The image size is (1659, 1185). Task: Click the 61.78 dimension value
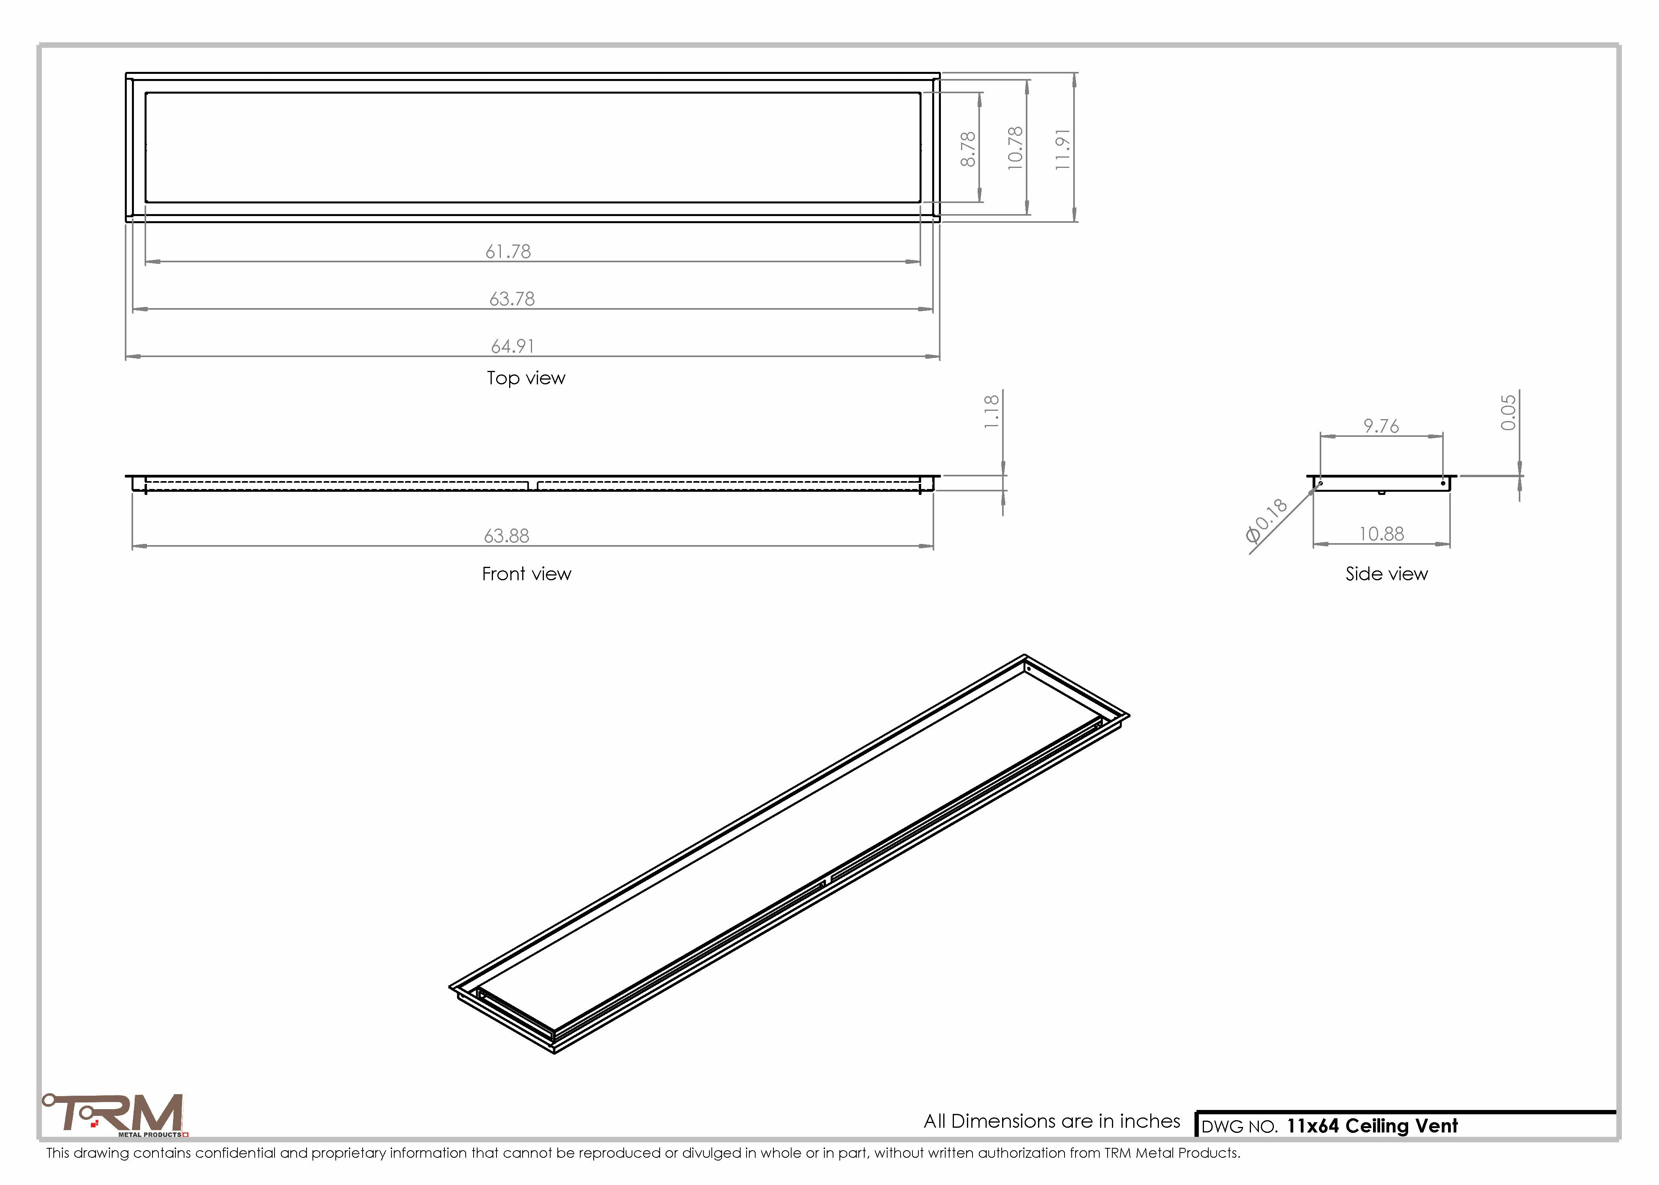[508, 252]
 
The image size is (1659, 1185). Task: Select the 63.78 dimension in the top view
[512, 299]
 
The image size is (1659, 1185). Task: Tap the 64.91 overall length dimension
[512, 346]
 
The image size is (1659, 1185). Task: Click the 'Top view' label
[526, 378]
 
